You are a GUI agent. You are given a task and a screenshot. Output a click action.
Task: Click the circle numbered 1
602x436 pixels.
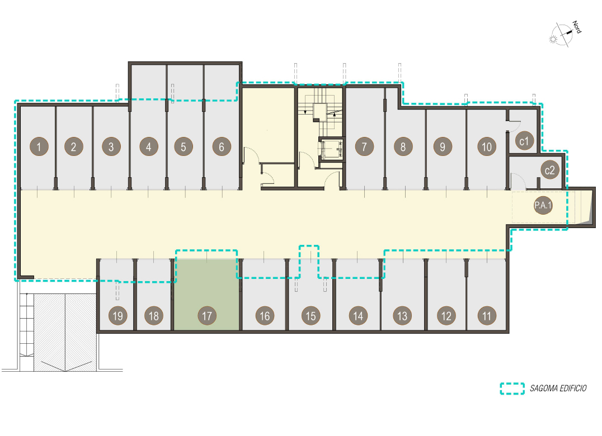point(39,146)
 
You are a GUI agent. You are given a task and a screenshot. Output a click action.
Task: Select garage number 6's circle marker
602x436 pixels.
point(222,146)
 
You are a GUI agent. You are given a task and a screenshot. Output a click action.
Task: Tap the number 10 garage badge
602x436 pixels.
point(487,146)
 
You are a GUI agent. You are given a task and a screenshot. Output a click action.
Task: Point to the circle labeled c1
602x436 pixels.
point(524,141)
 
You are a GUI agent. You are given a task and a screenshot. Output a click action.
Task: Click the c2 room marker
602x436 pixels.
point(550,170)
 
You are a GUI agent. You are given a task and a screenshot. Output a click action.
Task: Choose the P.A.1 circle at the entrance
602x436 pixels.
point(543,205)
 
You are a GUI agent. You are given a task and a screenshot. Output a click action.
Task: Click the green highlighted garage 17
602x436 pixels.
point(206,295)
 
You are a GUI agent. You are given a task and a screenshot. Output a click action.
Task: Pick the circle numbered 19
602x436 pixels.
point(118,316)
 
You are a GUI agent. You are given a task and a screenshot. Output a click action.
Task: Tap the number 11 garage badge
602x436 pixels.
point(487,316)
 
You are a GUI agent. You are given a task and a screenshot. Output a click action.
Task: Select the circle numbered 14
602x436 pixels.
point(358,316)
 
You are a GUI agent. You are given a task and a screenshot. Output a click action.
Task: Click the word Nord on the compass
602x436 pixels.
point(577,27)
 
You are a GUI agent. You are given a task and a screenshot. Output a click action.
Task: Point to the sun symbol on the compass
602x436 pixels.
point(553,39)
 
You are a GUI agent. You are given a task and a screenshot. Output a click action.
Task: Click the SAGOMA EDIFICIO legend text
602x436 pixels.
point(558,388)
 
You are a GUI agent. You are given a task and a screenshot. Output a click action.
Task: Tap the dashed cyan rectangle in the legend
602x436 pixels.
point(512,388)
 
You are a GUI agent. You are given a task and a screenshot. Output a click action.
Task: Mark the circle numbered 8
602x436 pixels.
point(403,146)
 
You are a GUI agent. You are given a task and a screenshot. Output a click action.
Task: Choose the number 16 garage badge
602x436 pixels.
point(265,316)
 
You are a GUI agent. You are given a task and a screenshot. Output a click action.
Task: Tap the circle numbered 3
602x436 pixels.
point(111,146)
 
